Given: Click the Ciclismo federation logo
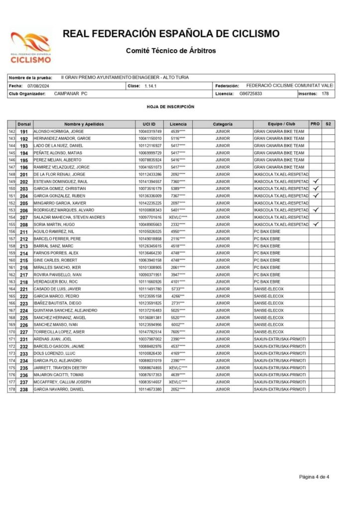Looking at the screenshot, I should point(31,48).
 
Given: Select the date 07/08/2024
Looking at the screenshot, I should point(38,86).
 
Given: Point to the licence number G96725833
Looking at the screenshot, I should point(250,93).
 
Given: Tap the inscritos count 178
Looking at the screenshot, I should point(325,93).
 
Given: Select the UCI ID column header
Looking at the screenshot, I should point(149,123).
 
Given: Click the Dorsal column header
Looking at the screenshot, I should point(24,123).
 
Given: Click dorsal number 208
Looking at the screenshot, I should point(24,224).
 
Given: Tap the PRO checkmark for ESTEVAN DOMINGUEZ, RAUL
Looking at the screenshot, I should point(315,181).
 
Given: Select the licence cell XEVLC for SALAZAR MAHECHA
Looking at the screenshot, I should point(178,217).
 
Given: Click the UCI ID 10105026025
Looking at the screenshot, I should point(150,231).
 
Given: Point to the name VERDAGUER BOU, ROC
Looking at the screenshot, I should point(55,282).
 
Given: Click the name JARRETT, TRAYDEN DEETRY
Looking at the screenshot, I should point(60,368).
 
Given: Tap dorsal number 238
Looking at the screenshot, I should point(24,389).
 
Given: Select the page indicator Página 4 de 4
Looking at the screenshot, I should point(314,477).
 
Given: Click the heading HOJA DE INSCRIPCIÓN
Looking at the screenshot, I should point(171,106).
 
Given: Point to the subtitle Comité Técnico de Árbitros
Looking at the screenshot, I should point(171,51).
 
